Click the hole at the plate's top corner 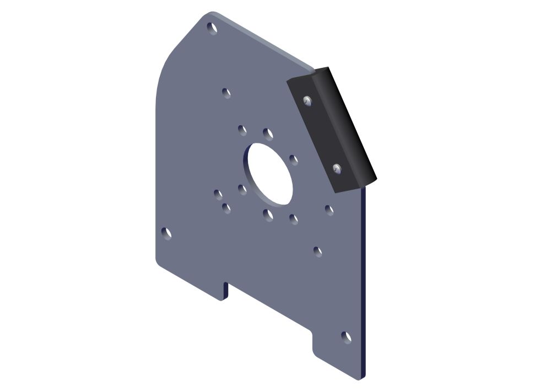click(211, 26)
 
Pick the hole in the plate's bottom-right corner click(346, 337)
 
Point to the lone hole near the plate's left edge click(166, 233)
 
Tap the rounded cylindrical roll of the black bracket click(347, 124)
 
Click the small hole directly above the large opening click(268, 133)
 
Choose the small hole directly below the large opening click(268, 215)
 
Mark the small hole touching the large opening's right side click(294, 160)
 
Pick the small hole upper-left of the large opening click(242, 130)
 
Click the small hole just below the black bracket click(329, 210)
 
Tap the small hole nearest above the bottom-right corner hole click(318, 251)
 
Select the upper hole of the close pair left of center click(218, 194)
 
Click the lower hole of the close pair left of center click(226, 207)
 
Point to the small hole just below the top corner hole click(226, 92)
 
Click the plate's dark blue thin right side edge click(364, 287)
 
